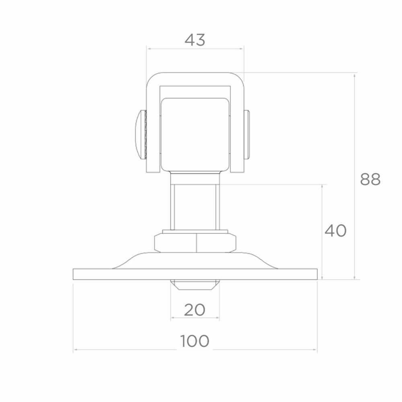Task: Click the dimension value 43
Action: (x=195, y=40)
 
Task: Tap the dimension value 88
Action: (x=370, y=179)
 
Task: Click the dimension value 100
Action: (x=195, y=341)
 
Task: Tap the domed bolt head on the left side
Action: (x=141, y=135)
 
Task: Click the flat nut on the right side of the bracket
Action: (x=247, y=135)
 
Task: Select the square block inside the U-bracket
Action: (x=195, y=135)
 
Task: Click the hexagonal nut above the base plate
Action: (x=195, y=243)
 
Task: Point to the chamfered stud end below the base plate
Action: (x=195, y=285)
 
